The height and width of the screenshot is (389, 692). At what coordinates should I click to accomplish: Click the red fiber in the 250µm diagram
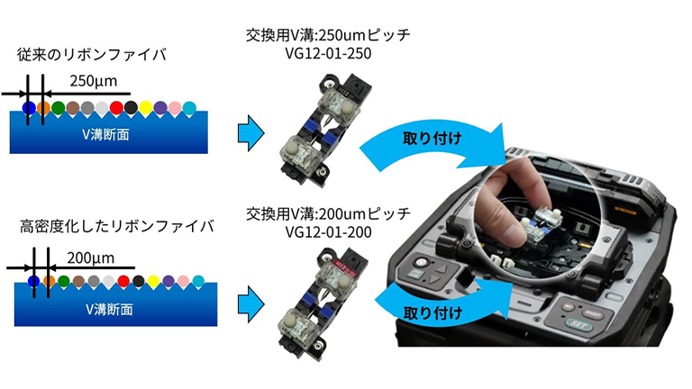116,108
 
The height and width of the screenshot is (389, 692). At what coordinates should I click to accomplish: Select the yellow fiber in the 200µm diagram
153,281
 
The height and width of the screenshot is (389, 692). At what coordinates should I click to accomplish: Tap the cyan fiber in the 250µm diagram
189,108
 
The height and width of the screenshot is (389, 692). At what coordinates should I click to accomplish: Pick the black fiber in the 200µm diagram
139,281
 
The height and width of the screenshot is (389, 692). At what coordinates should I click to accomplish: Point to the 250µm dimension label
94,81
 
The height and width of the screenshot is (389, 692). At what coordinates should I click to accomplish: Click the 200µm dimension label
90,258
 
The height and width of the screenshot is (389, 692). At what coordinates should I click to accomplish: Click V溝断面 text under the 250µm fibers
106,134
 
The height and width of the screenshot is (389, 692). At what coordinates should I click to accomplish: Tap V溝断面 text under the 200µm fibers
109,309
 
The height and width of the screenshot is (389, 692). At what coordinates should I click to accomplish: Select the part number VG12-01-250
328,53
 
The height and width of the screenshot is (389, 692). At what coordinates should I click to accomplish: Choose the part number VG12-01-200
328,232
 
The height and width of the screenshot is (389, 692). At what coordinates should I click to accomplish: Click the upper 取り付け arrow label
432,139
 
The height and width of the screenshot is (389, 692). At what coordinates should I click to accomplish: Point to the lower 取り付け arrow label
432,313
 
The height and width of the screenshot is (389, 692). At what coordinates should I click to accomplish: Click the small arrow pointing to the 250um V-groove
250,132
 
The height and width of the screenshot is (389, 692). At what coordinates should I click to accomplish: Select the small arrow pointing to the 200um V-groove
250,304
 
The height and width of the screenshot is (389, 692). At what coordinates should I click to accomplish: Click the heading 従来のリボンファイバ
91,55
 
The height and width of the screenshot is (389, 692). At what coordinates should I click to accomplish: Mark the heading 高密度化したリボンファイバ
117,226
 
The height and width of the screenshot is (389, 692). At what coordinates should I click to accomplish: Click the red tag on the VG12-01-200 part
348,266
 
